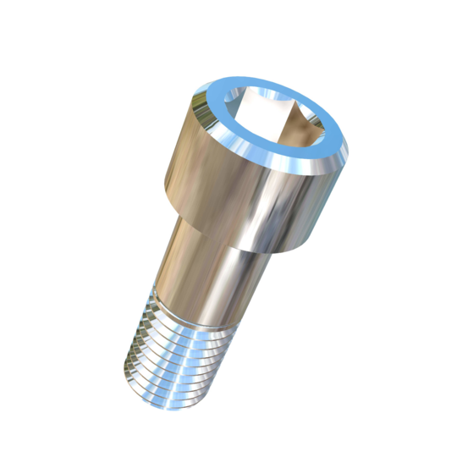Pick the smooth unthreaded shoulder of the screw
203,262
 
